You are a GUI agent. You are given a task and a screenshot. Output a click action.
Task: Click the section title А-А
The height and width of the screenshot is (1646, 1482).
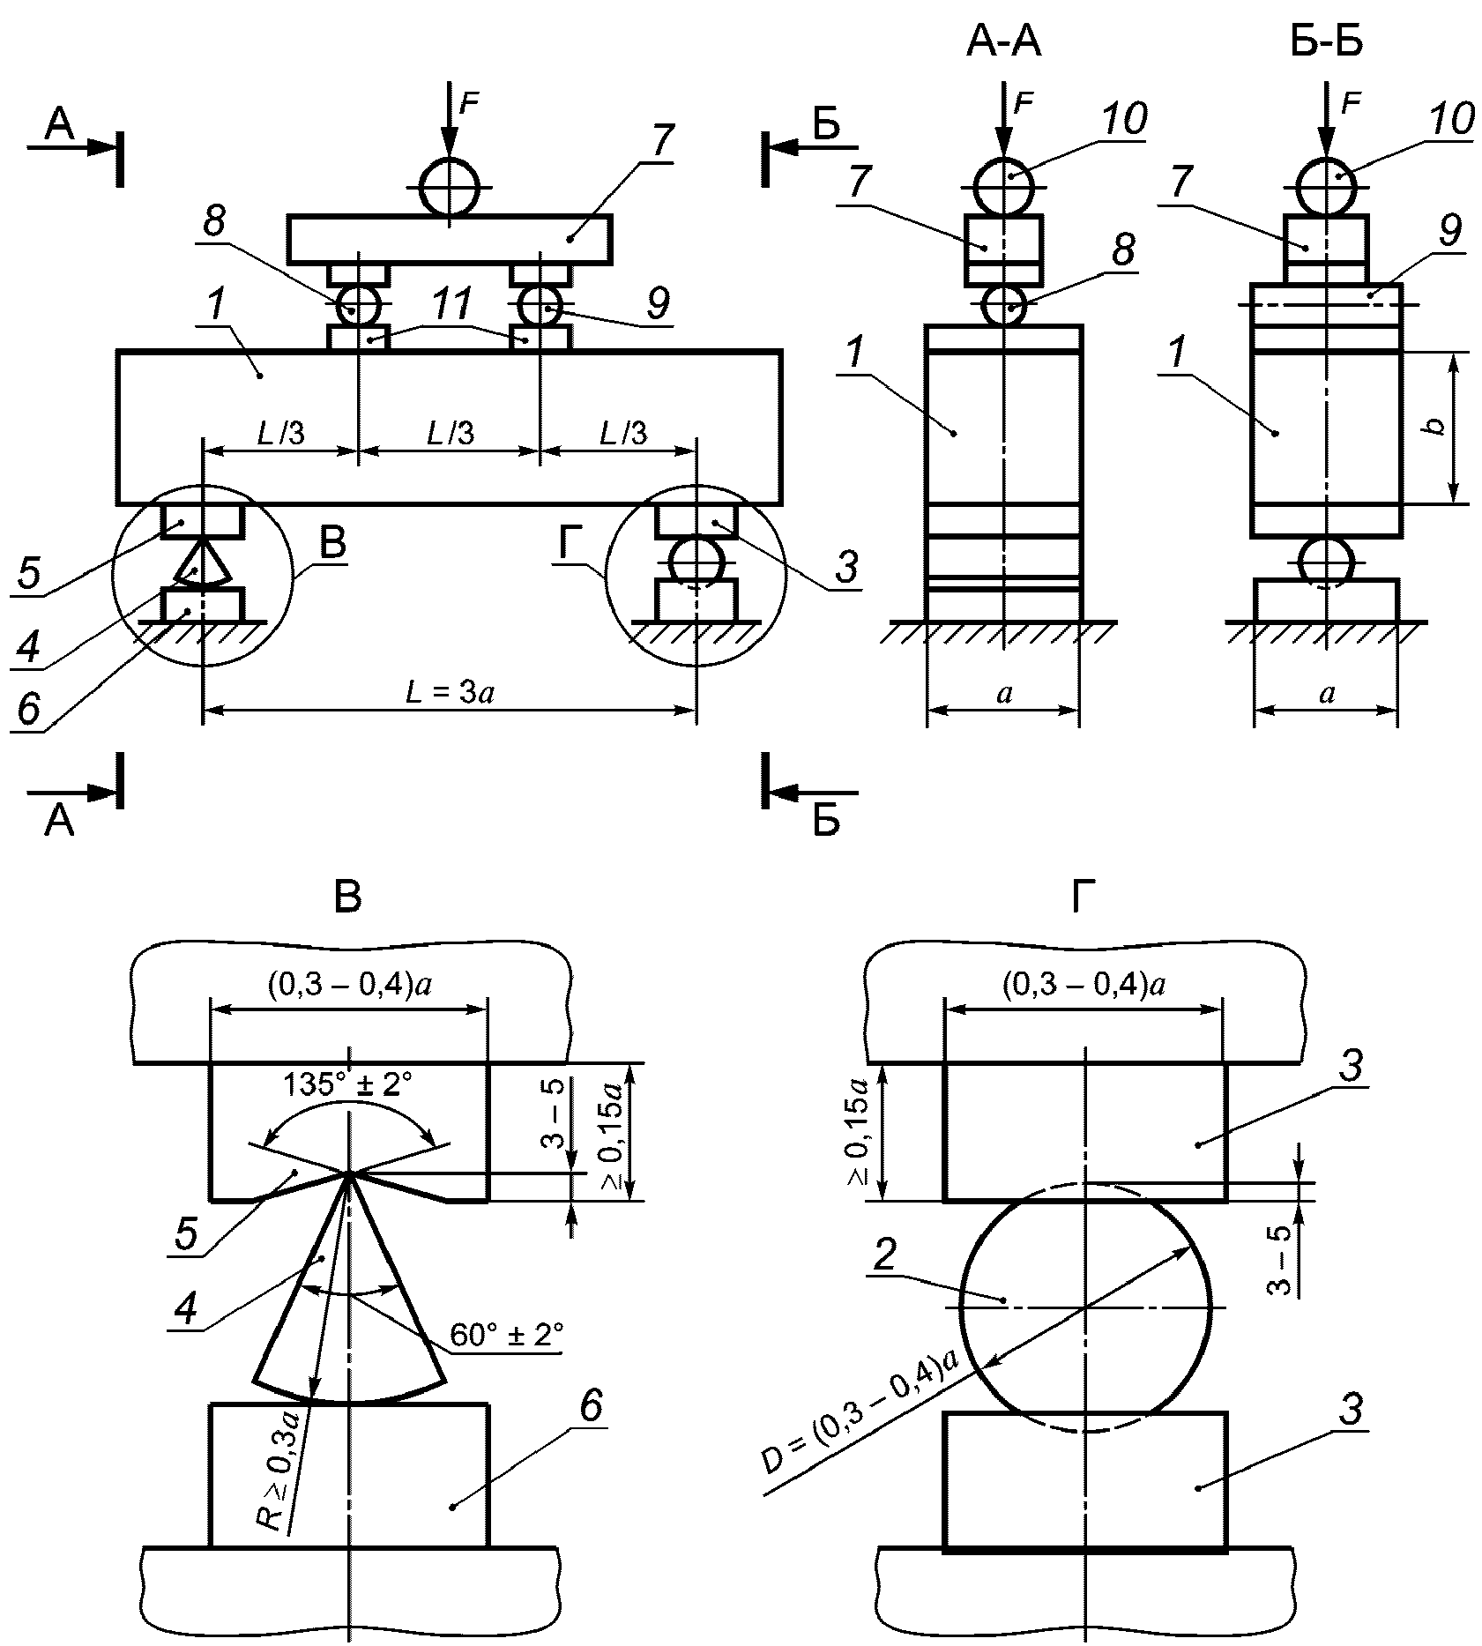coord(1003,41)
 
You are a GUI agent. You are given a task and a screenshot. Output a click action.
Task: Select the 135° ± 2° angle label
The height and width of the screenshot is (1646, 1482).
coord(349,1084)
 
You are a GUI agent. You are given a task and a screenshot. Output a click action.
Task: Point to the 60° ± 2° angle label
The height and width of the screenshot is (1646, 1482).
coord(507,1333)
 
